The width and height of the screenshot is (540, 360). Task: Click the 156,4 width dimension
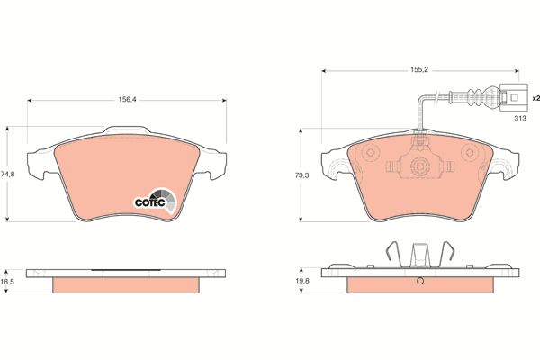[128, 100]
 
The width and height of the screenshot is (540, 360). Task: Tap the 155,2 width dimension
[419, 70]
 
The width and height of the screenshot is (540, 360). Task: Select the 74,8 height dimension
[7, 175]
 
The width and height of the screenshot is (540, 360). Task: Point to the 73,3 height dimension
[301, 175]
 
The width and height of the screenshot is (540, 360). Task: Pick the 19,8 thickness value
[302, 281]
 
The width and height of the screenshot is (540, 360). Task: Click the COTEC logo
[156, 202]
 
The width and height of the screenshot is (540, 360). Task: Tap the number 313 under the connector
[520, 119]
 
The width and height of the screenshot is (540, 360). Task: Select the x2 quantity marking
[535, 99]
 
